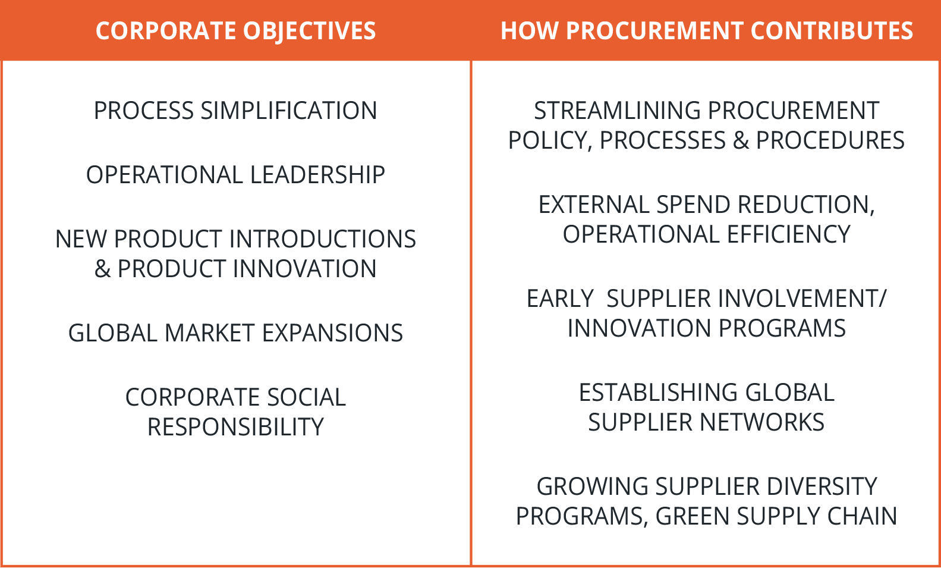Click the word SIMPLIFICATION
coord(289,111)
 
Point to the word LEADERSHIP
coord(317,175)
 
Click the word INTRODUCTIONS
coord(322,239)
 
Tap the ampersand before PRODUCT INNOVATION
coord(103,269)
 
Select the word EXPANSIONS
coord(332,333)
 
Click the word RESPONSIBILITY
coord(235,427)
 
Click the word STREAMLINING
coord(616,111)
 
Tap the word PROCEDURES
coord(830,140)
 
